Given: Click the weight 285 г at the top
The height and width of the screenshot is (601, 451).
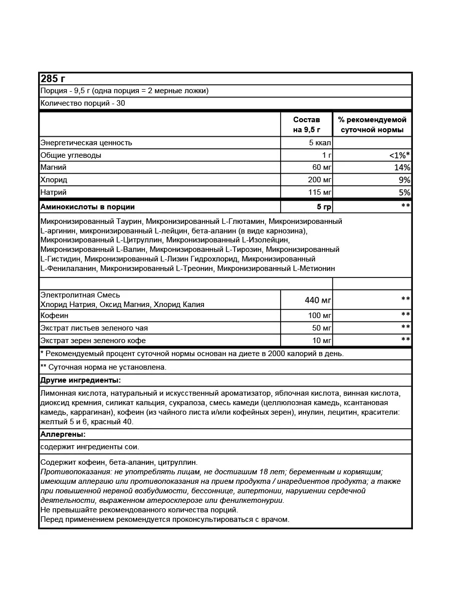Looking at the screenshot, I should (x=53, y=79).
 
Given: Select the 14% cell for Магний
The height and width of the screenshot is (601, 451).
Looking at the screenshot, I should (x=402, y=168).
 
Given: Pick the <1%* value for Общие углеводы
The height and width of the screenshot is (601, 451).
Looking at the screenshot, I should (x=399, y=155).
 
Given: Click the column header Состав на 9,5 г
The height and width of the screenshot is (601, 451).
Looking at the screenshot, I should (x=306, y=125).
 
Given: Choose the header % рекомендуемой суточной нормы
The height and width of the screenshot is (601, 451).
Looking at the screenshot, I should (x=372, y=125).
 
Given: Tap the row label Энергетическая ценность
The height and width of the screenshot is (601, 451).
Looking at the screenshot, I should (x=86, y=143).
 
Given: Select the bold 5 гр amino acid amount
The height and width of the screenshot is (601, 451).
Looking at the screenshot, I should (x=321, y=207).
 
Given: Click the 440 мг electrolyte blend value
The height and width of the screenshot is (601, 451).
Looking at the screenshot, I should (x=318, y=300).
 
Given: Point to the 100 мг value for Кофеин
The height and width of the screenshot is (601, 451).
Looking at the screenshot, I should (x=320, y=316).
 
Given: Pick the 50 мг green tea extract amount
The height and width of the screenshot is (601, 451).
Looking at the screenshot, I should (x=321, y=328).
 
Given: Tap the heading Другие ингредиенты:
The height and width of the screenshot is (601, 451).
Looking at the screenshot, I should (x=80, y=380).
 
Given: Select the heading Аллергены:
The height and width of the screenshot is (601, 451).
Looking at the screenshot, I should (x=63, y=434).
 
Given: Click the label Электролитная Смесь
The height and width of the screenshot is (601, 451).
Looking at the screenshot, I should (x=80, y=295).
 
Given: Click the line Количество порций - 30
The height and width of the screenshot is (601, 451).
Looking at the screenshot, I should (x=83, y=103).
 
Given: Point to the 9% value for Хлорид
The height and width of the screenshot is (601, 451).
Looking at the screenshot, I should (x=404, y=180).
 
